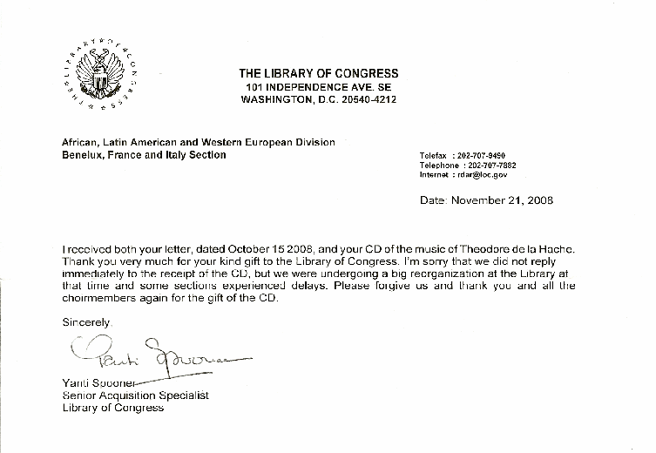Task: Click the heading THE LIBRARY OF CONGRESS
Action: (318, 73)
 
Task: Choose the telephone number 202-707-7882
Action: (492, 166)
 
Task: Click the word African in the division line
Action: (80, 142)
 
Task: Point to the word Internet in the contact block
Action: (436, 174)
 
